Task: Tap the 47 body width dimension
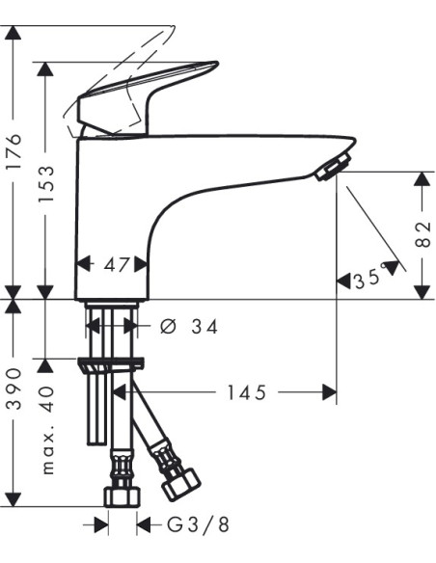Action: coord(116,265)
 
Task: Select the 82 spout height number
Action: coord(422,234)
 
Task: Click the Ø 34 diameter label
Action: coord(189,327)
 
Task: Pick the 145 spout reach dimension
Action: coord(247,392)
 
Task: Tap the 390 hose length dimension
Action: coord(15,389)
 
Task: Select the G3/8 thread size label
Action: coord(198,525)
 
